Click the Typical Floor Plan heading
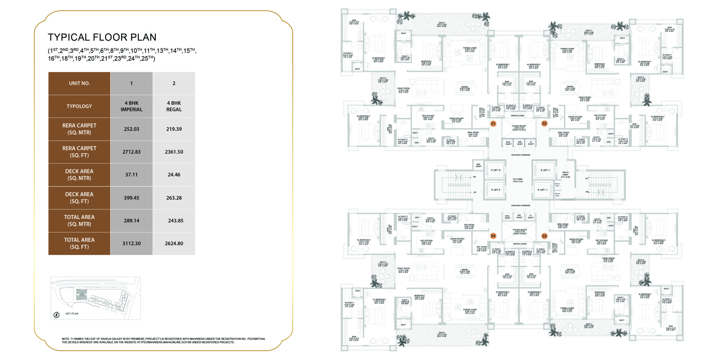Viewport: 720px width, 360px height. pyautogui.click(x=102, y=37)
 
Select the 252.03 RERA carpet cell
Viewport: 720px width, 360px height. pyautogui.click(x=131, y=129)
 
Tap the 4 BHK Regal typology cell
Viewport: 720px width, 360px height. pyautogui.click(x=174, y=106)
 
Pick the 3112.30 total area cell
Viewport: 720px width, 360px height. pyautogui.click(x=131, y=244)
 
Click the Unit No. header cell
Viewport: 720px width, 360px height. pyautogui.click(x=79, y=83)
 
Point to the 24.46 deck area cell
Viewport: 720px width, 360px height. pyautogui.click(x=174, y=175)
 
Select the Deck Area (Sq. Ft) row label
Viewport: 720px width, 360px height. pyautogui.click(x=79, y=198)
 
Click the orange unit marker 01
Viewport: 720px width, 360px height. pyautogui.click(x=493, y=123)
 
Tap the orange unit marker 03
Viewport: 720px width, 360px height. pyautogui.click(x=544, y=236)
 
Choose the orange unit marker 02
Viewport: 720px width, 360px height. pyautogui.click(x=544, y=123)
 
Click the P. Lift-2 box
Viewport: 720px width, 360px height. pyautogui.click(x=496, y=170)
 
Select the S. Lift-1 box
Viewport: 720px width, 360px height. pyautogui.click(x=545, y=170)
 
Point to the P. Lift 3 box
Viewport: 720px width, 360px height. pyautogui.click(x=496, y=190)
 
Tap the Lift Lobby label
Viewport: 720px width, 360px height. pyautogui.click(x=517, y=180)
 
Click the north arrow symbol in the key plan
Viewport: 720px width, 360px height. pyautogui.click(x=57, y=315)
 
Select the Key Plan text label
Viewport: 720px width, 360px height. pyautogui.click(x=72, y=314)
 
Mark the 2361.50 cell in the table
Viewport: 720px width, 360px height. pyautogui.click(x=174, y=152)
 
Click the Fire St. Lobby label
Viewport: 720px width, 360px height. pyautogui.click(x=565, y=175)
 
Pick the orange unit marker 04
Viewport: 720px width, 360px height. pyautogui.click(x=493, y=236)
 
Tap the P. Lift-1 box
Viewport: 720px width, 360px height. pyautogui.click(x=543, y=190)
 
